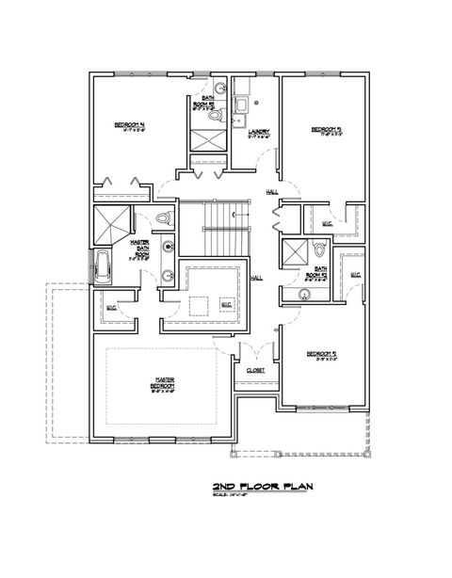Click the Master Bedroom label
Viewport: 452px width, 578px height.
pos(164,384)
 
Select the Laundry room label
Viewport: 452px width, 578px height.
pos(260,135)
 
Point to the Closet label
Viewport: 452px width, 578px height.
pos(255,370)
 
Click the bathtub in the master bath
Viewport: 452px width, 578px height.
pos(101,265)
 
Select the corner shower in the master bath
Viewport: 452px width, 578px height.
pos(110,224)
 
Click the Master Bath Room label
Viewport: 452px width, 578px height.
pos(140,250)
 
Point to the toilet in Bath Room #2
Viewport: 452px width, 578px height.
pos(320,250)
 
